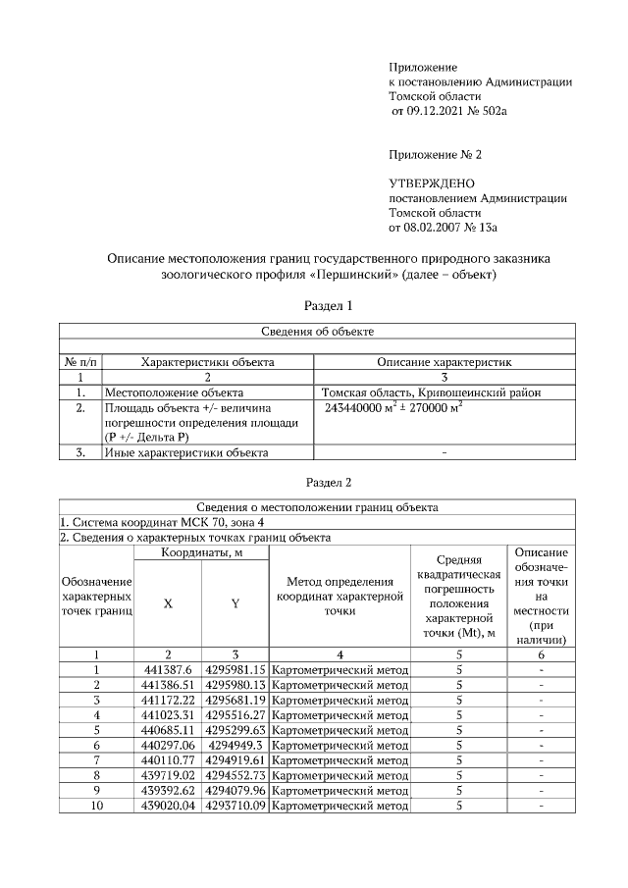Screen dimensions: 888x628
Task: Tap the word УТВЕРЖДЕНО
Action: (x=432, y=183)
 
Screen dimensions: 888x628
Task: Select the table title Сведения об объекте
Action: (x=316, y=332)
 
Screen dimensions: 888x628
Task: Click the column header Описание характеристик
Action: (x=445, y=362)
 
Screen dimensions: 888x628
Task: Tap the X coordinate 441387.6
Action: (x=168, y=669)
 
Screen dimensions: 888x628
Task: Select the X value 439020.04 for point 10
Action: (x=168, y=806)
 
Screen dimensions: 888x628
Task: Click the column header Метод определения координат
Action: (x=340, y=597)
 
